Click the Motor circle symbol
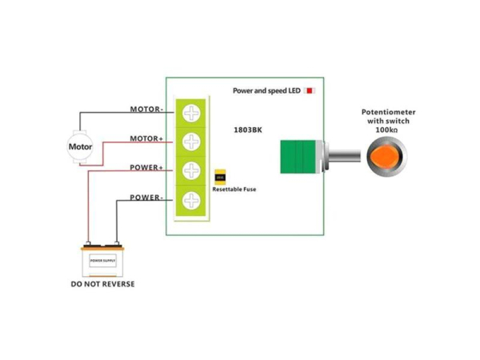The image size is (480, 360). [x=80, y=147]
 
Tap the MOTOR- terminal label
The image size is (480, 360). [x=146, y=109]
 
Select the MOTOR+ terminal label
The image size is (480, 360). [x=146, y=138]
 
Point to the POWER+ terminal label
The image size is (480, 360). [x=146, y=168]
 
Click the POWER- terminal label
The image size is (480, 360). [x=146, y=198]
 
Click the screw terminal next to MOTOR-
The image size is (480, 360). [x=191, y=113]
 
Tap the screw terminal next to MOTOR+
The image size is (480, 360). [x=191, y=142]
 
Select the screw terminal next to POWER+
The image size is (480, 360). [x=191, y=171]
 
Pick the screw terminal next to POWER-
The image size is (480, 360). [x=191, y=201]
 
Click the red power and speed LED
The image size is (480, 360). [x=309, y=91]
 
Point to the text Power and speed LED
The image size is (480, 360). [x=266, y=91]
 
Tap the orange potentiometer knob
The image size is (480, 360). [x=386, y=155]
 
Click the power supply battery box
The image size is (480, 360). [x=102, y=260]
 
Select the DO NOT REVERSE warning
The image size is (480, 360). [x=102, y=284]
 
